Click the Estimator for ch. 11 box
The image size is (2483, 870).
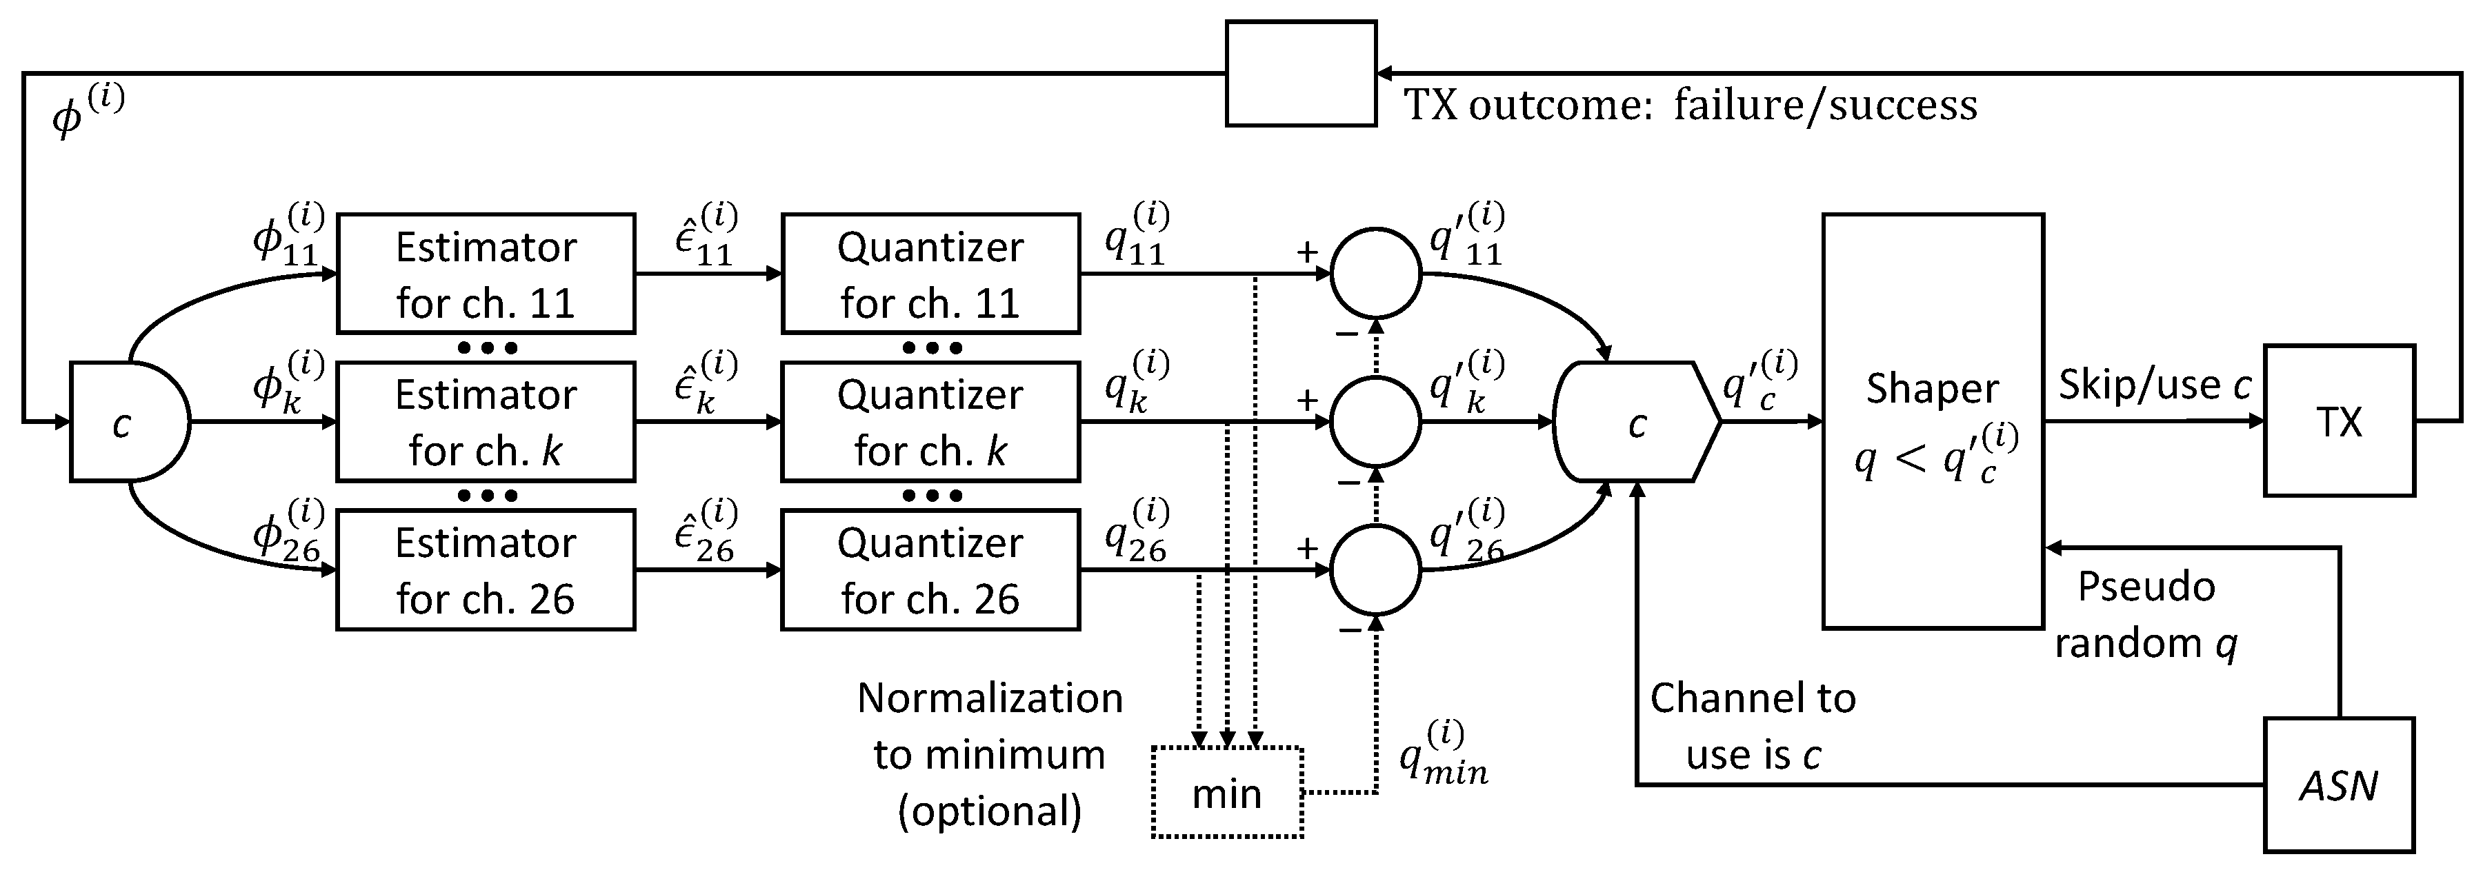pyautogui.click(x=485, y=274)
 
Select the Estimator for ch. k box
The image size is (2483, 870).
pyautogui.click(x=485, y=422)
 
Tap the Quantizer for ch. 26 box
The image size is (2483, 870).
pyautogui.click(x=930, y=570)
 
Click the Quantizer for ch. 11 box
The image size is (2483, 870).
pyautogui.click(x=930, y=274)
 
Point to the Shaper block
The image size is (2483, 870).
pyautogui.click(x=1933, y=421)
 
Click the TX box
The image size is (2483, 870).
pyautogui.click(x=2338, y=421)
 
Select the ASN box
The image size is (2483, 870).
pyautogui.click(x=2338, y=785)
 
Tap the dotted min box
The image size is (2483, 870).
pyautogui.click(x=1227, y=793)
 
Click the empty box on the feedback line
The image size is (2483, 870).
pyautogui.click(x=1300, y=73)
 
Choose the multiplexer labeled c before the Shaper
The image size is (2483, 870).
pyautogui.click(x=1636, y=422)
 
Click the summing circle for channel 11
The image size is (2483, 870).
pyautogui.click(x=1375, y=274)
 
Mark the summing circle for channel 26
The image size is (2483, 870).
pyautogui.click(x=1375, y=570)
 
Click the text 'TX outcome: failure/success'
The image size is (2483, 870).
pyautogui.click(x=1688, y=104)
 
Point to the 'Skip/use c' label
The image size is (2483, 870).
pyautogui.click(x=2154, y=385)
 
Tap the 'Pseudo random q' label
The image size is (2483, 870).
pyautogui.click(x=2146, y=615)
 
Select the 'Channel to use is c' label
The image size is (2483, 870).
pyautogui.click(x=1753, y=725)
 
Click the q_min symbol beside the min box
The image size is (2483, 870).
pyautogui.click(x=1443, y=753)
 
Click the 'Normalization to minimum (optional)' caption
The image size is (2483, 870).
pyautogui.click(x=990, y=753)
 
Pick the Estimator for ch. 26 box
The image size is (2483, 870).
pyautogui.click(x=485, y=570)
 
